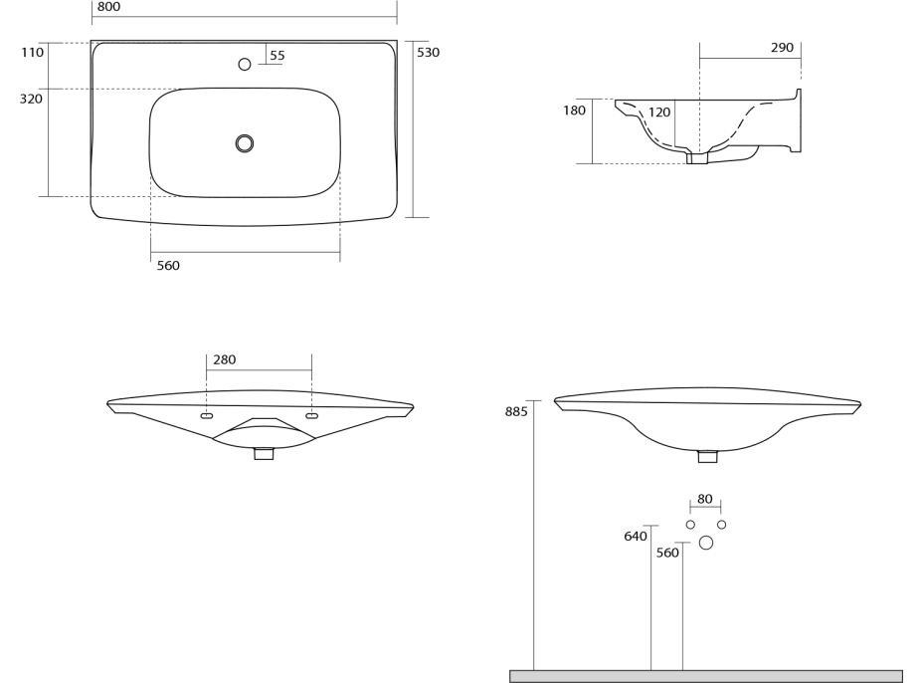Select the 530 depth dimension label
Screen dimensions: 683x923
[428, 52]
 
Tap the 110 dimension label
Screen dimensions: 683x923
[32, 53]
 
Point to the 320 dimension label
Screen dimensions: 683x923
[32, 100]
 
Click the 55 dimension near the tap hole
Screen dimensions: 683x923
[277, 56]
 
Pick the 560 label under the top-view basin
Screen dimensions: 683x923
[168, 265]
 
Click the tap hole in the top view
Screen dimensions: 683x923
[245, 65]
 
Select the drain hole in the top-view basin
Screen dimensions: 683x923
[245, 143]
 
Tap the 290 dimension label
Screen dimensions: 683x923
[782, 48]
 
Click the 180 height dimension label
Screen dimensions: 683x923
[574, 111]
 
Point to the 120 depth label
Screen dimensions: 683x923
[659, 113]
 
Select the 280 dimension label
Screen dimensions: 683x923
[225, 360]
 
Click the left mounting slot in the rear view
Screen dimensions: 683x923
[207, 416]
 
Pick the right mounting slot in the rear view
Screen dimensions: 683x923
[312, 416]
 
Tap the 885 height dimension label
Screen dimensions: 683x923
[516, 411]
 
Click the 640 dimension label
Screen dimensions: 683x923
[636, 537]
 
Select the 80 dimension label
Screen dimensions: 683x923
[705, 499]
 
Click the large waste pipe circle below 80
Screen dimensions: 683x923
[706, 543]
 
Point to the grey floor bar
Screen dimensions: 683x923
[706, 676]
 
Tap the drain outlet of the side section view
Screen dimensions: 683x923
[697, 158]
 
